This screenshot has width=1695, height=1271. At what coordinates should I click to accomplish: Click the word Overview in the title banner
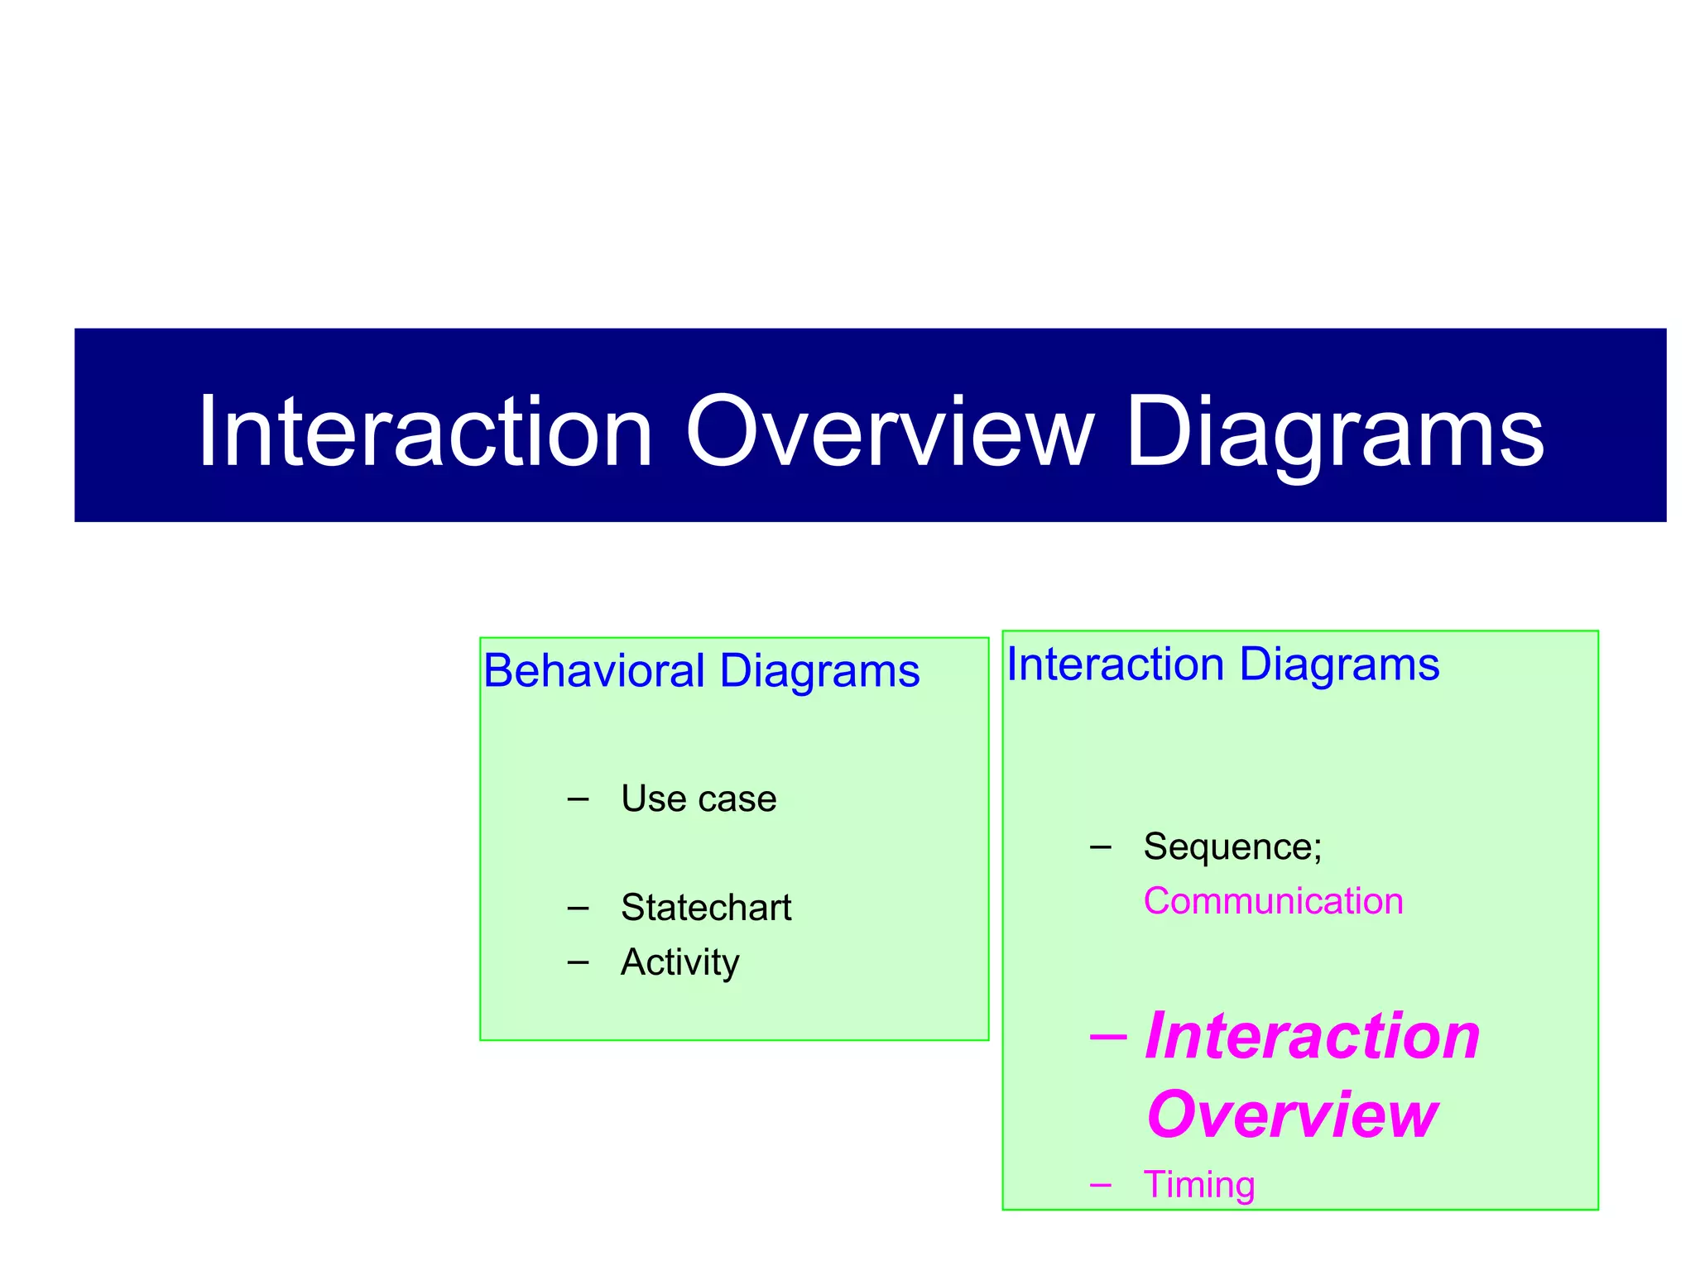point(890,432)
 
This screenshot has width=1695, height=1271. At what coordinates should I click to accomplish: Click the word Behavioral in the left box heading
point(593,670)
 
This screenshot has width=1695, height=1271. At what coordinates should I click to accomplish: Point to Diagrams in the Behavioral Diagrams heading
point(819,670)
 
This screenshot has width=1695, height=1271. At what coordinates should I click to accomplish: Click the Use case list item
point(699,799)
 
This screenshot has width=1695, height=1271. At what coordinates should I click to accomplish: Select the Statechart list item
point(706,908)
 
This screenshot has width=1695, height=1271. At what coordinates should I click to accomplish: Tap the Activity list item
point(679,962)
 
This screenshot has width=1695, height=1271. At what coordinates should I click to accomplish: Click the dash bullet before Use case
point(578,799)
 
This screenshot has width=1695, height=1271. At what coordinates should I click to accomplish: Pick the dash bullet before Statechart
point(578,908)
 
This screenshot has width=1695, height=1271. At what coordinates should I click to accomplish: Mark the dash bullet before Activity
point(578,962)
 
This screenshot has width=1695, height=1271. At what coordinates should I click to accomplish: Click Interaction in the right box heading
point(1115,664)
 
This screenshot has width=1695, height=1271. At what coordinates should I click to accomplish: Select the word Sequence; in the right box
point(1232,847)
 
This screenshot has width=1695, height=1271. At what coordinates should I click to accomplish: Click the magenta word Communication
point(1273,901)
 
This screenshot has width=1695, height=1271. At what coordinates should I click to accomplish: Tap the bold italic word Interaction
point(1312,1036)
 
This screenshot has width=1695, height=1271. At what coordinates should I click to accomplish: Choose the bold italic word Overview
point(1292,1115)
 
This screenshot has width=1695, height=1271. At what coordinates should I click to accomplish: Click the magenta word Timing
point(1199,1185)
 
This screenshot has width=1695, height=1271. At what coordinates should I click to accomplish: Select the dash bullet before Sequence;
point(1101,847)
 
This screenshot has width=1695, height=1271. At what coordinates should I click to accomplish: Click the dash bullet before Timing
point(1101,1185)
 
